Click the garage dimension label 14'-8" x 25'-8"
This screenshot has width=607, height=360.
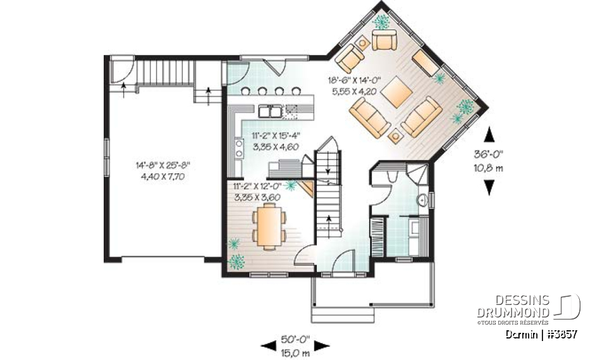pyautogui.click(x=162, y=170)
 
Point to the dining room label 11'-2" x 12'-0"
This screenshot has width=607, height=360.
pyautogui.click(x=257, y=192)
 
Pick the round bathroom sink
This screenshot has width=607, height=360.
pyautogui.click(x=422, y=201)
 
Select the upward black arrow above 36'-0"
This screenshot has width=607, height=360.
pyautogui.click(x=488, y=135)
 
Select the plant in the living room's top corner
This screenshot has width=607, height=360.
pyautogui.click(x=381, y=23)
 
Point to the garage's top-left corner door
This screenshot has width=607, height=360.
pyautogui.click(x=121, y=71)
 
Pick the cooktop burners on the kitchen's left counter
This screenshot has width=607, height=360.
pyautogui.click(x=239, y=149)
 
